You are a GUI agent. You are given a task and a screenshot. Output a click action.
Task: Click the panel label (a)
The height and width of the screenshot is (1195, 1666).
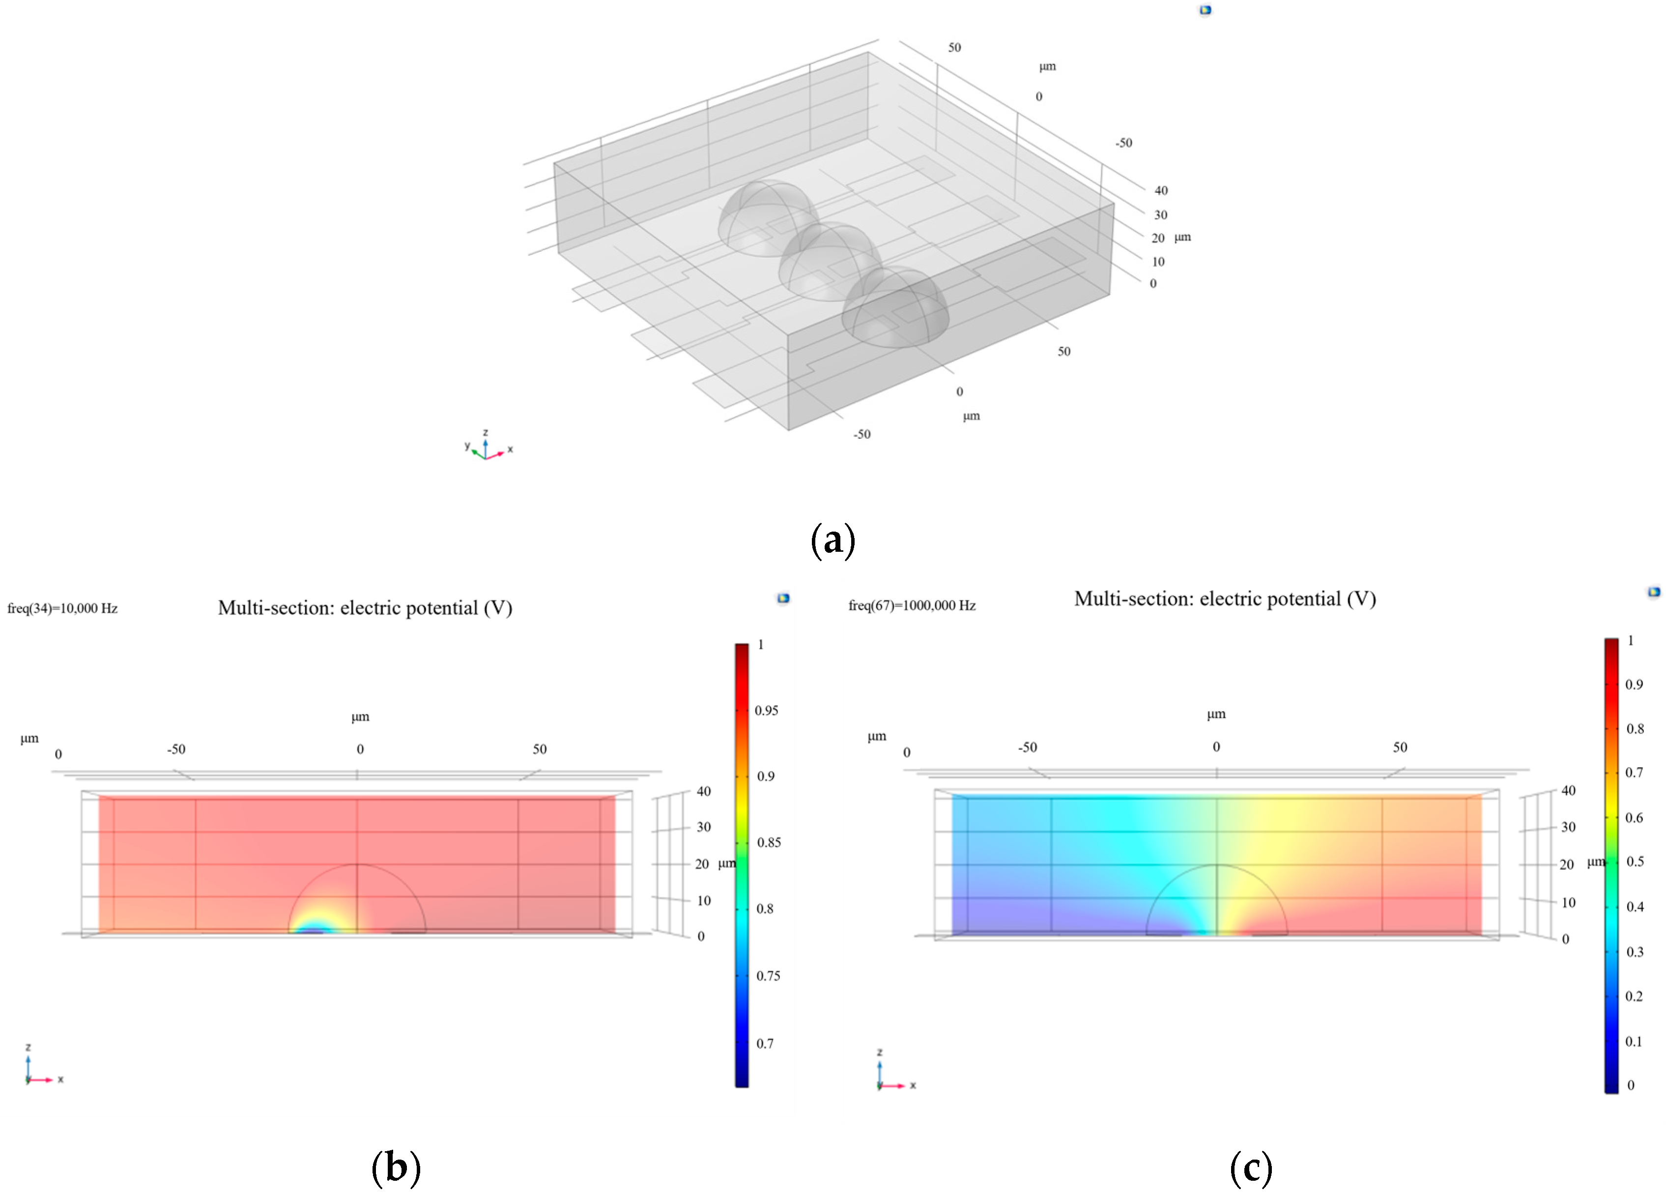[833, 540]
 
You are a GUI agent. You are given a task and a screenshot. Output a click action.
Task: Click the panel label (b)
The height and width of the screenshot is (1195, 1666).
[396, 1167]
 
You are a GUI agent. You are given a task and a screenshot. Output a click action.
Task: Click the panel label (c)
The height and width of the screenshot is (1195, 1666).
[1250, 1167]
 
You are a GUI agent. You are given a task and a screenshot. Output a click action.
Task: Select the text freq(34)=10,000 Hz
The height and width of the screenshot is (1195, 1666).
[62, 608]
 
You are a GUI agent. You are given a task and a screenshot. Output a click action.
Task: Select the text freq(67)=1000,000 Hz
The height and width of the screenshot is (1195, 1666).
[912, 605]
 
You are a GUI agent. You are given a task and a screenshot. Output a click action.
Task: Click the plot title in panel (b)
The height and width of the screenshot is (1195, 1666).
[365, 608]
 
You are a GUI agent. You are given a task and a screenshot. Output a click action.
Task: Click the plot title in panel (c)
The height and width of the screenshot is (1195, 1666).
[1225, 599]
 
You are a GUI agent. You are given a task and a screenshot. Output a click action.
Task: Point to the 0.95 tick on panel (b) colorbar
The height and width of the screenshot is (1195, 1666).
[766, 710]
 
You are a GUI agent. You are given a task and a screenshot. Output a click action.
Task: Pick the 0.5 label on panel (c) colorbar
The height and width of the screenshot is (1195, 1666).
[1635, 862]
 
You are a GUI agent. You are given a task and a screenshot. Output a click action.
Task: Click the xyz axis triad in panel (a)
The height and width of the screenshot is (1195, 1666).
[486, 448]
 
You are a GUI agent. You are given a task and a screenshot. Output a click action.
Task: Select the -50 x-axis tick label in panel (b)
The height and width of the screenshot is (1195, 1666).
[176, 749]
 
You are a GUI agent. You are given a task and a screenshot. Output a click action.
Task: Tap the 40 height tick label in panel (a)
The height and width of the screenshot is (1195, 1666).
[1161, 190]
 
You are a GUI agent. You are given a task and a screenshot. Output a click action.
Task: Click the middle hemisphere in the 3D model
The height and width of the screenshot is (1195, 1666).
[830, 261]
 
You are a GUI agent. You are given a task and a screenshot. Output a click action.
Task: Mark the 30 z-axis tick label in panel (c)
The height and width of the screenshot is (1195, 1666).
[1568, 827]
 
